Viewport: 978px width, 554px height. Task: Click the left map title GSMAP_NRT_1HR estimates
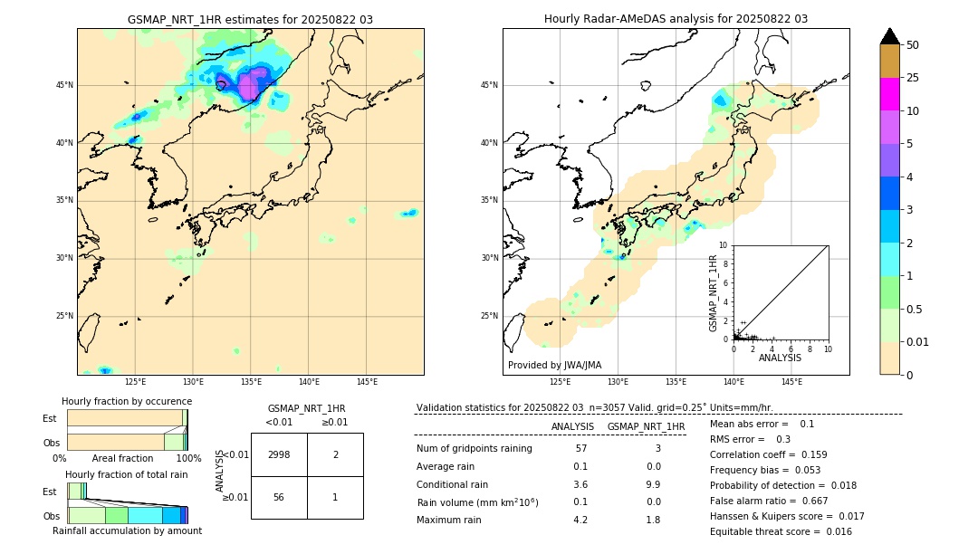click(x=250, y=19)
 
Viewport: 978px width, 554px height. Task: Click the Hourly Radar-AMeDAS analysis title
click(x=676, y=19)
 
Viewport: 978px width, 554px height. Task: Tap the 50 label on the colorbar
click(x=913, y=44)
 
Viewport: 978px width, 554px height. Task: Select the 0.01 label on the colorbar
click(x=918, y=341)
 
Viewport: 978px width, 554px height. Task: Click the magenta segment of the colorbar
click(x=889, y=94)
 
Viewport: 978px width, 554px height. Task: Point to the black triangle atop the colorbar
click(x=889, y=36)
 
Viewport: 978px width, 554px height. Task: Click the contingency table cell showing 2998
click(x=279, y=454)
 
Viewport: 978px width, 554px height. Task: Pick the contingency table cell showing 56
click(x=279, y=497)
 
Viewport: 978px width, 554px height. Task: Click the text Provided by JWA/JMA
click(x=554, y=365)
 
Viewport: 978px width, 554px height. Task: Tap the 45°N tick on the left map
click(x=64, y=85)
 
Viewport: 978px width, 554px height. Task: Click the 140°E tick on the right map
click(x=733, y=382)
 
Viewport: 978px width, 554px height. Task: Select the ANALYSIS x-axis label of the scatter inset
click(x=780, y=358)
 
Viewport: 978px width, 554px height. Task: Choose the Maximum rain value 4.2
click(x=580, y=520)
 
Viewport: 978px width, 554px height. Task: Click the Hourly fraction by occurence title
click(x=127, y=401)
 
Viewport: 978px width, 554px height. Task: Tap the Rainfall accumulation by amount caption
click(x=127, y=530)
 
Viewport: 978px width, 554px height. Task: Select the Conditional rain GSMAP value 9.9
click(x=653, y=484)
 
